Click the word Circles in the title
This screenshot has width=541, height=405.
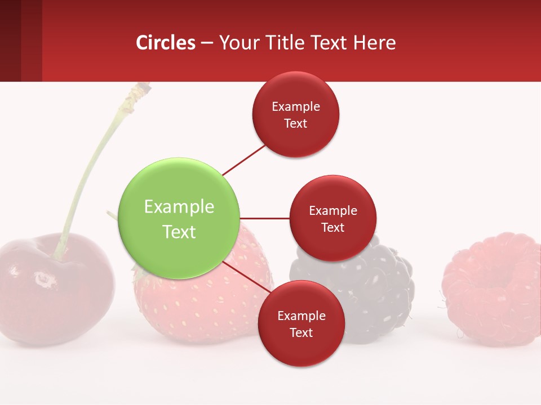pos(166,43)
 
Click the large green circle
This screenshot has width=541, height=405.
pos(179,218)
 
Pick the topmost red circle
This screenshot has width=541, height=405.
pos(295,115)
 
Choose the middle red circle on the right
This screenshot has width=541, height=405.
pos(332,218)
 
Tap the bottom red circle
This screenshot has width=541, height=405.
pos(301,324)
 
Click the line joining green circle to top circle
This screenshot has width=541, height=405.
pos(243,160)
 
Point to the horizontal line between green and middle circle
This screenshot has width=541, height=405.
pos(264,218)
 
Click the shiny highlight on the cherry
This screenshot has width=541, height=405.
pos(42,278)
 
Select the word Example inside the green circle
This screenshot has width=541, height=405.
pos(179,206)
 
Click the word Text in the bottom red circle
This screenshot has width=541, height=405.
pos(301,332)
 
